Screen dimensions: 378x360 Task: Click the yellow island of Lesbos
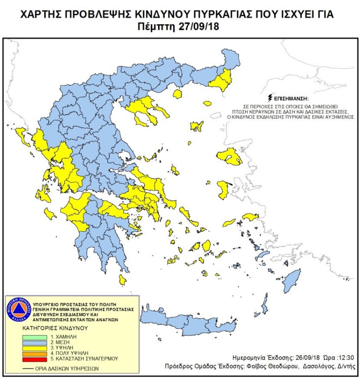click(229, 157)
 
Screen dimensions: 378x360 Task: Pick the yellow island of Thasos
click(177, 94)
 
